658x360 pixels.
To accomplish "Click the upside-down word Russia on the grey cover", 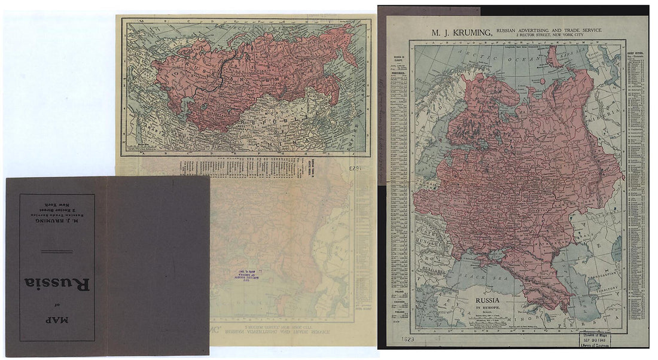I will tap(57, 283).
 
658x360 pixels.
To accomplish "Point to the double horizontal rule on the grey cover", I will tap(57, 252).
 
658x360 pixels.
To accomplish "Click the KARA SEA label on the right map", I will tap(577, 53).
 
